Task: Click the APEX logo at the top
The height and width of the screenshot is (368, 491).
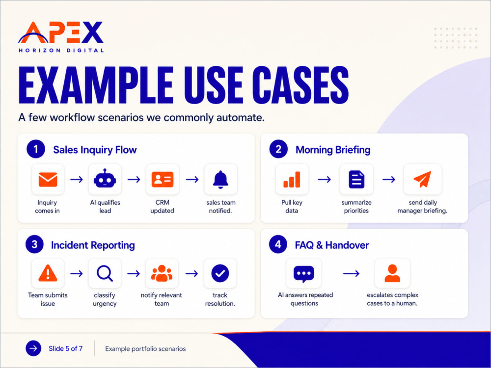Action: pyautogui.click(x=61, y=36)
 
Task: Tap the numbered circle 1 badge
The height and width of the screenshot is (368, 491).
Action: pyautogui.click(x=36, y=149)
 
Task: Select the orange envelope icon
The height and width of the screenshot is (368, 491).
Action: pyautogui.click(x=48, y=180)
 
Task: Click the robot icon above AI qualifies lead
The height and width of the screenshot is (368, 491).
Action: pyautogui.click(x=105, y=179)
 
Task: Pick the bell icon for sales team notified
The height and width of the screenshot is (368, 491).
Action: pyautogui.click(x=220, y=180)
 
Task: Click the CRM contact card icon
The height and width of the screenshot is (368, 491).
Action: pyautogui.click(x=162, y=180)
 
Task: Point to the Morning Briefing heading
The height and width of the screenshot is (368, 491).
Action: pyautogui.click(x=333, y=150)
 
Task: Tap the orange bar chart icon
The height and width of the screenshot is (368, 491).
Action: pyautogui.click(x=292, y=180)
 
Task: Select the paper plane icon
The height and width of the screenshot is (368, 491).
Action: pyautogui.click(x=422, y=179)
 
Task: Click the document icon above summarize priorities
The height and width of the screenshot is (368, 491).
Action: pyautogui.click(x=356, y=179)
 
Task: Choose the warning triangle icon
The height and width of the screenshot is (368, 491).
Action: pyautogui.click(x=48, y=273)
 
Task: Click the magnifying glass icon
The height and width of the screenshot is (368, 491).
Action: pyautogui.click(x=105, y=273)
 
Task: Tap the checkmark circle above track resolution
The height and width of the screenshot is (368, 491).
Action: pyautogui.click(x=220, y=273)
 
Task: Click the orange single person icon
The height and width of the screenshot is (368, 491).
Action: pyautogui.click(x=392, y=273)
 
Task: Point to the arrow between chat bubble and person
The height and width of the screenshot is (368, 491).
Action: pyautogui.click(x=351, y=274)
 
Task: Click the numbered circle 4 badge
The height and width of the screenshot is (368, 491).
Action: pyautogui.click(x=278, y=244)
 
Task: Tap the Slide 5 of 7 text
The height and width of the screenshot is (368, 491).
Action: pyautogui.click(x=65, y=348)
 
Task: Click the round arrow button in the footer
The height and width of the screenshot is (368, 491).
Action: pyautogui.click(x=33, y=348)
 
